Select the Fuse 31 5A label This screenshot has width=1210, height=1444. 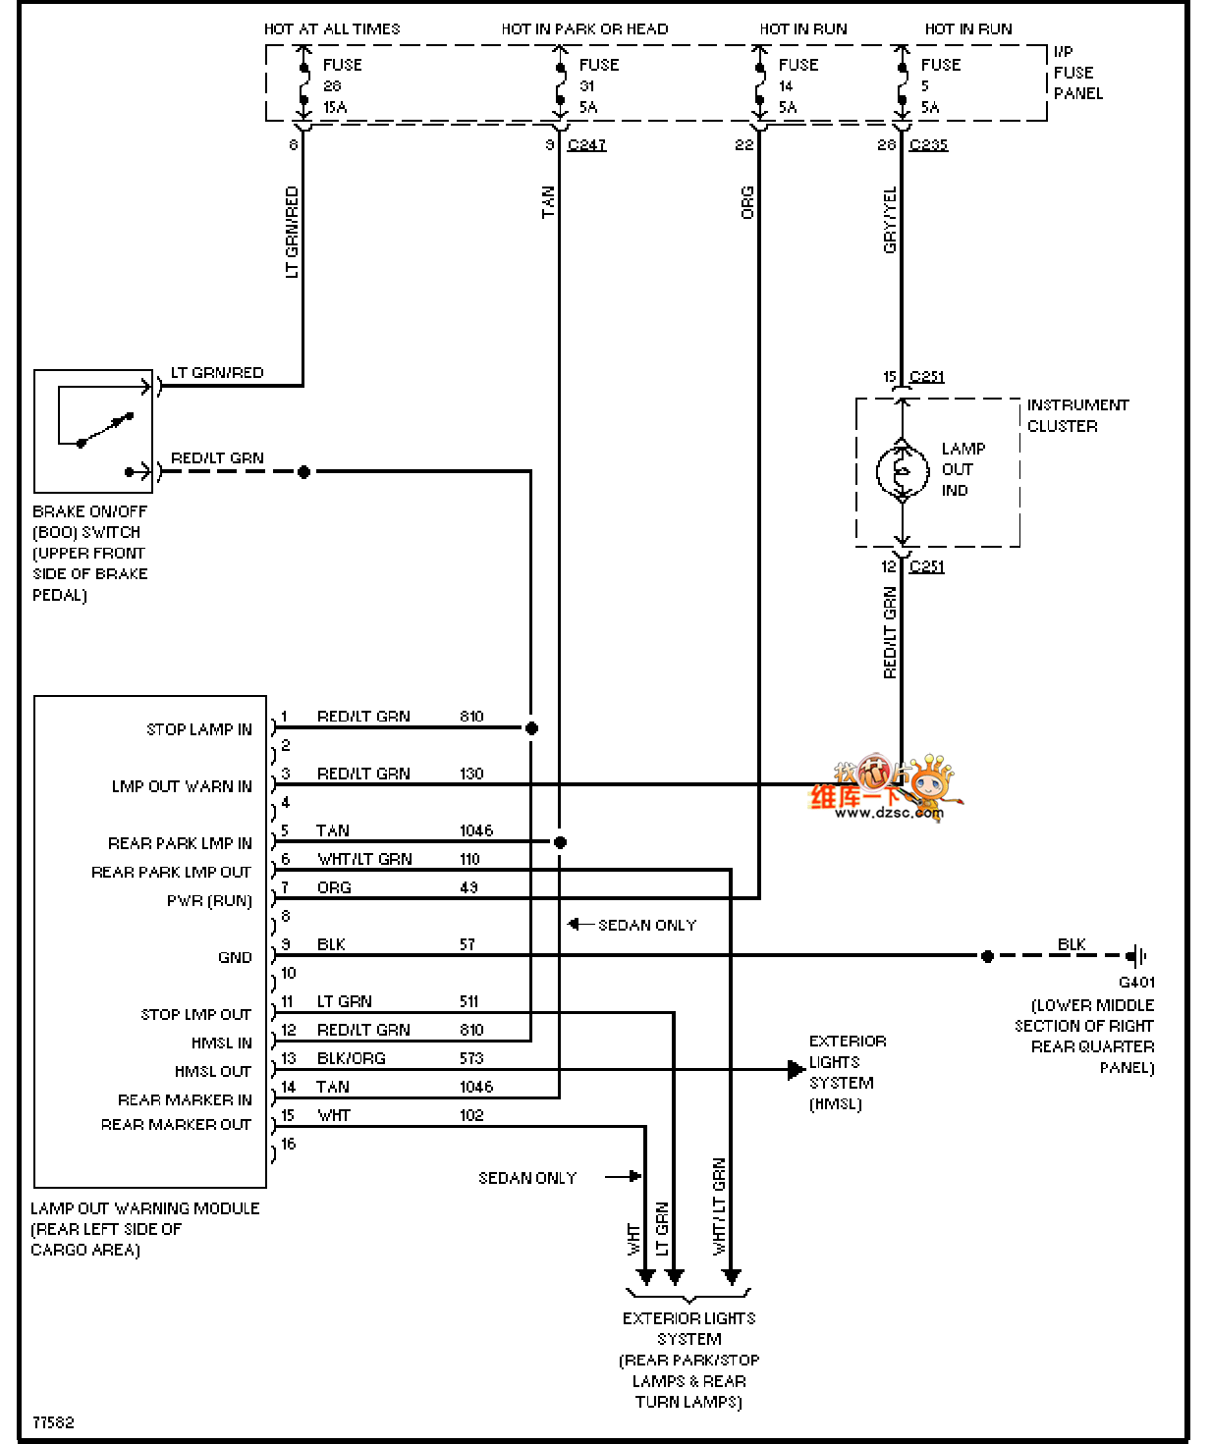pos(597,86)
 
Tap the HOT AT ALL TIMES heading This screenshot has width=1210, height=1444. pos(332,29)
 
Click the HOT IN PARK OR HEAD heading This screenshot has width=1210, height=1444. pos(584,29)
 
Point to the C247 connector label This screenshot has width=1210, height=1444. pos(586,145)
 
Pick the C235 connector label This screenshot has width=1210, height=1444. pos(928,145)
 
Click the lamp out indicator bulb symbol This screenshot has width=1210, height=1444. pos(903,471)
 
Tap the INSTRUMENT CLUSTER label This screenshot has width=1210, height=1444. pos(1077,415)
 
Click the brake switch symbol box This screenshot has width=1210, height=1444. pos(93,431)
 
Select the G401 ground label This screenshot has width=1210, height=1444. pos(1136,983)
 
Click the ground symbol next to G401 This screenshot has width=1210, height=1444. pos(1136,955)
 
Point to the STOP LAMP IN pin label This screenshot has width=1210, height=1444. pos(199,729)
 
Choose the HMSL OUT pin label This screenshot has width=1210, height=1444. pos(213,1071)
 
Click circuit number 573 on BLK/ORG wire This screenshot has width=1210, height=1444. pos(471,1058)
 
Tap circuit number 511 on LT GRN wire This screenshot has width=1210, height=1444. pos(468,1001)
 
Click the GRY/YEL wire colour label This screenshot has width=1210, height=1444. pos(890,221)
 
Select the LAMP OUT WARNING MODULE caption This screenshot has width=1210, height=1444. pos(144,1208)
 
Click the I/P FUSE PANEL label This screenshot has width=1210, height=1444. pos(1077,73)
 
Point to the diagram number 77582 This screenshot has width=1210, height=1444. pos(53,1422)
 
